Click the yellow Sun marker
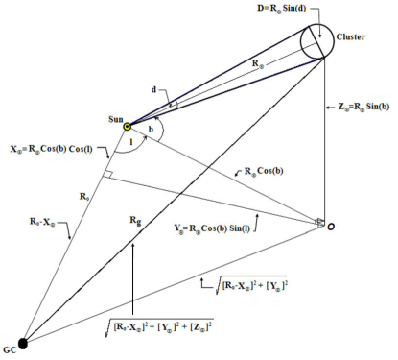coord(128,126)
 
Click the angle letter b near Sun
coord(151,128)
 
